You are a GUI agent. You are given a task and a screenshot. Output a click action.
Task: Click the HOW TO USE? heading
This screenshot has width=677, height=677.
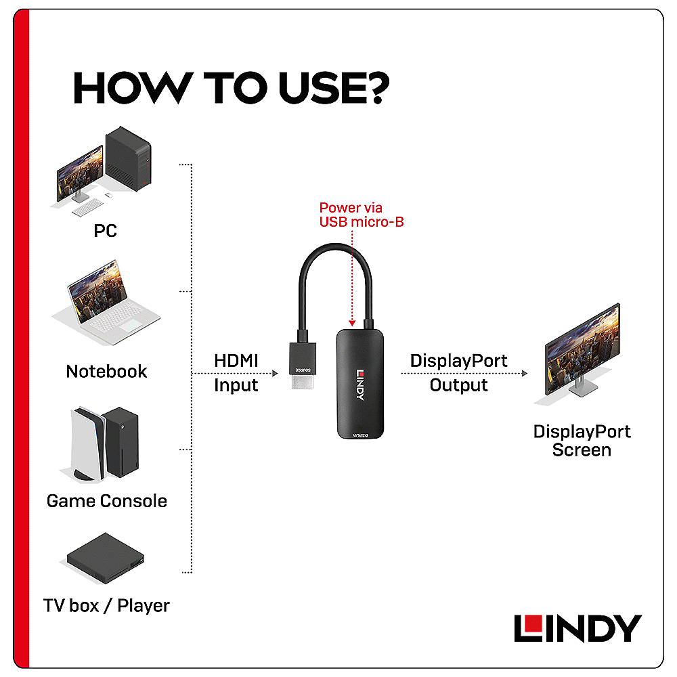232,88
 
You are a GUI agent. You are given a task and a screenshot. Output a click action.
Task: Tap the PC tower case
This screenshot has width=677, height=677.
128,158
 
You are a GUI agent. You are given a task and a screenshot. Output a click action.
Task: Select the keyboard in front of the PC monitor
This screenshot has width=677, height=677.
87,207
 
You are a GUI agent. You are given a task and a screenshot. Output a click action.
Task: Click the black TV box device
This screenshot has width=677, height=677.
106,559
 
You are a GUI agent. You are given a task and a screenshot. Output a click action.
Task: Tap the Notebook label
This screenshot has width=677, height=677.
107,371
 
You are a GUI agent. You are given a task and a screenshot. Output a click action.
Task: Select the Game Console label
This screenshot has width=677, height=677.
107,501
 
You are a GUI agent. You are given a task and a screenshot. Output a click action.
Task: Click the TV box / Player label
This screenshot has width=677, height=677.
106,605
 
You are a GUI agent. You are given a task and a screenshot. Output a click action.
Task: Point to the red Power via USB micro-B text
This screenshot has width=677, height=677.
362,215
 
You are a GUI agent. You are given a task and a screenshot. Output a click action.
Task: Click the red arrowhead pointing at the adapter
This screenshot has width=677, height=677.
352,323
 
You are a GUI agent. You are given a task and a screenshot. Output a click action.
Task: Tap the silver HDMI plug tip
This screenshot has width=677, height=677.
302,382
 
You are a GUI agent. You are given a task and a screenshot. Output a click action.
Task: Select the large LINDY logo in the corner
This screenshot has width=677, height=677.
577,628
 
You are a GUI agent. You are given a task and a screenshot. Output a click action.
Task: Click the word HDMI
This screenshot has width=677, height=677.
236,361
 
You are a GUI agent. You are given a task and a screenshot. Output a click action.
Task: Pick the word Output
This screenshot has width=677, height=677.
458,385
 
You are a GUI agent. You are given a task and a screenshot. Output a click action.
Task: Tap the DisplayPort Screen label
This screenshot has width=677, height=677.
582,441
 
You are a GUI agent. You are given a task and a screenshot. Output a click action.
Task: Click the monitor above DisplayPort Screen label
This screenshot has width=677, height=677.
581,352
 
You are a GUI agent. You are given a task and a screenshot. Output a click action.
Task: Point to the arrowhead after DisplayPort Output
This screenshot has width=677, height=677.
525,374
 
